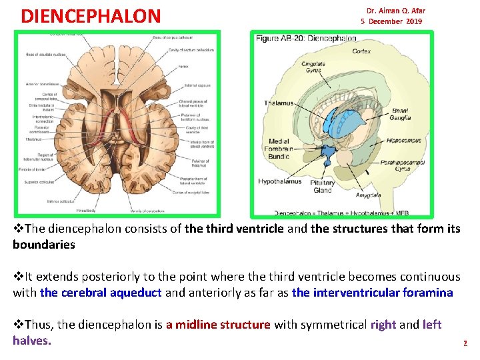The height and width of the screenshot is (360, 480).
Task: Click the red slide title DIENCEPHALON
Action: [91, 15]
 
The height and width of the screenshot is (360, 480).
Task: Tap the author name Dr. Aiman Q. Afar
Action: [395, 11]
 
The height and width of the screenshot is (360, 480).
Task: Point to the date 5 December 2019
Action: [391, 21]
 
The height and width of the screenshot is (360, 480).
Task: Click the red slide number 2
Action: [465, 344]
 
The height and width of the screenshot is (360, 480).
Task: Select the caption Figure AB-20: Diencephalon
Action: [306, 39]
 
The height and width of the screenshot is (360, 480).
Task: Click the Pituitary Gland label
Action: [323, 186]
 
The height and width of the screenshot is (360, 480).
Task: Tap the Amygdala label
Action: [367, 195]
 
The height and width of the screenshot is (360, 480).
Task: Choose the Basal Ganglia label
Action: [401, 114]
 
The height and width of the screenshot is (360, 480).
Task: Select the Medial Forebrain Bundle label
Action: [279, 149]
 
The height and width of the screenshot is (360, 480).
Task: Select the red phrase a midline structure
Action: [218, 325]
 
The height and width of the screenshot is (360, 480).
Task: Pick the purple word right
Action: [383, 325]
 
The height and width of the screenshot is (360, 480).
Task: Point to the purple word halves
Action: [31, 341]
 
